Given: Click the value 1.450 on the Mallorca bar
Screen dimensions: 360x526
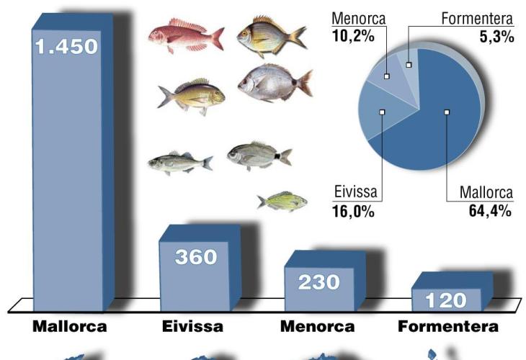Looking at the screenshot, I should coord(66,48).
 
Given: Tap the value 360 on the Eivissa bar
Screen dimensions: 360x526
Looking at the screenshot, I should coord(196,256).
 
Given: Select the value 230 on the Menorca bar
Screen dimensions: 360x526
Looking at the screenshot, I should coord(319,282).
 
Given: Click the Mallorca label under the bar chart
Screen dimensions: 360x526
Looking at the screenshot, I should coord(70,327).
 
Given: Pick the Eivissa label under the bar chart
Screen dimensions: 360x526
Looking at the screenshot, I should coord(192,327).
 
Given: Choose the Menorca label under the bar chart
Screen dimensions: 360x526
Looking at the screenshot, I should coord(317,327).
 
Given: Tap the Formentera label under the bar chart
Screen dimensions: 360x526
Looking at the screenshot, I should coord(448,327).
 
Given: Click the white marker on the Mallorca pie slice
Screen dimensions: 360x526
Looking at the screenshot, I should coord(447,112).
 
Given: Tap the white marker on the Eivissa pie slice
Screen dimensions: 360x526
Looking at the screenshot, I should coord(382,112).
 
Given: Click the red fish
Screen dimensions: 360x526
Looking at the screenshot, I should coord(185,36).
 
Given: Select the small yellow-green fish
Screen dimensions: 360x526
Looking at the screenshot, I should coord(283,202).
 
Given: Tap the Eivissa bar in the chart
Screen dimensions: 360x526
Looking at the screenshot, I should coord(195,274).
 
